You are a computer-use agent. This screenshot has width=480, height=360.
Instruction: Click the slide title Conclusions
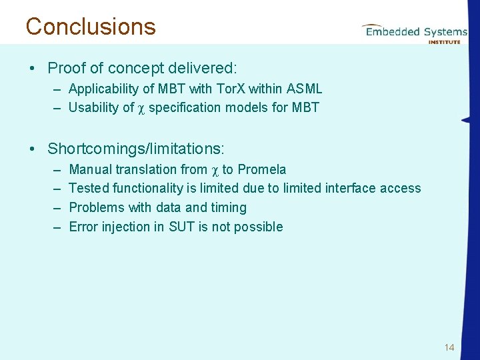pyautogui.click(x=91, y=27)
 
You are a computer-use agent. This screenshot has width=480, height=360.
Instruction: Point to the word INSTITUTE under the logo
pyautogui.click(x=444, y=41)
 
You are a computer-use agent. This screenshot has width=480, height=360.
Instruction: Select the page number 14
pyautogui.click(x=449, y=347)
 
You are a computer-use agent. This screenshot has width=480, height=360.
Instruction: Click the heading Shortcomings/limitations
pyautogui.click(x=136, y=148)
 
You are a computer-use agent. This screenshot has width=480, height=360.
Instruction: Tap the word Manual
pyautogui.click(x=89, y=169)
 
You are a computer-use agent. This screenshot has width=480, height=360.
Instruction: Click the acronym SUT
pyautogui.click(x=181, y=227)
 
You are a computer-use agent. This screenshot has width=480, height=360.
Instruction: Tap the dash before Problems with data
pyautogui.click(x=55, y=207)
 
